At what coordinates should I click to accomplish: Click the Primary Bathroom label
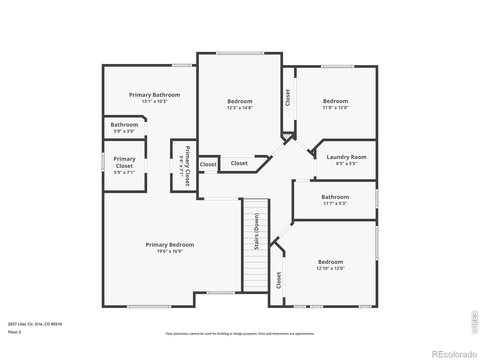click(x=154, y=95)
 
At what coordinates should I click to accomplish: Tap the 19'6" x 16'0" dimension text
click(x=170, y=251)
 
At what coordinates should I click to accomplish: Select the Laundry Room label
click(x=346, y=157)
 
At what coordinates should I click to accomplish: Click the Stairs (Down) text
click(x=256, y=231)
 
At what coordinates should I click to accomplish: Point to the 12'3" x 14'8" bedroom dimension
click(x=240, y=108)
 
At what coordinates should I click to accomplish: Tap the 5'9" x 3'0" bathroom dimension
click(x=124, y=131)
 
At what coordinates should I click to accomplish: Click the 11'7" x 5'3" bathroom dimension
click(x=335, y=203)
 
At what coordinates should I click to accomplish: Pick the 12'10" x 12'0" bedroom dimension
click(x=330, y=268)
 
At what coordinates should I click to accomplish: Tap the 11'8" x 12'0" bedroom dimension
click(x=335, y=108)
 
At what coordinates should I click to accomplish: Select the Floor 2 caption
click(x=14, y=332)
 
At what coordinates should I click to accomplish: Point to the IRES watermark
click(x=475, y=322)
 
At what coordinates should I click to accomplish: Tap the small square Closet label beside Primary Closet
click(x=208, y=164)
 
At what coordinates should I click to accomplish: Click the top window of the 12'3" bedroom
click(x=240, y=53)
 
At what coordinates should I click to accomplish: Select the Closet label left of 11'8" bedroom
click(x=288, y=97)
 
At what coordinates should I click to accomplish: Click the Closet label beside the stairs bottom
click(x=278, y=280)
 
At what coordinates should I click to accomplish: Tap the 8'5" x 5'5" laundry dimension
click(x=346, y=163)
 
